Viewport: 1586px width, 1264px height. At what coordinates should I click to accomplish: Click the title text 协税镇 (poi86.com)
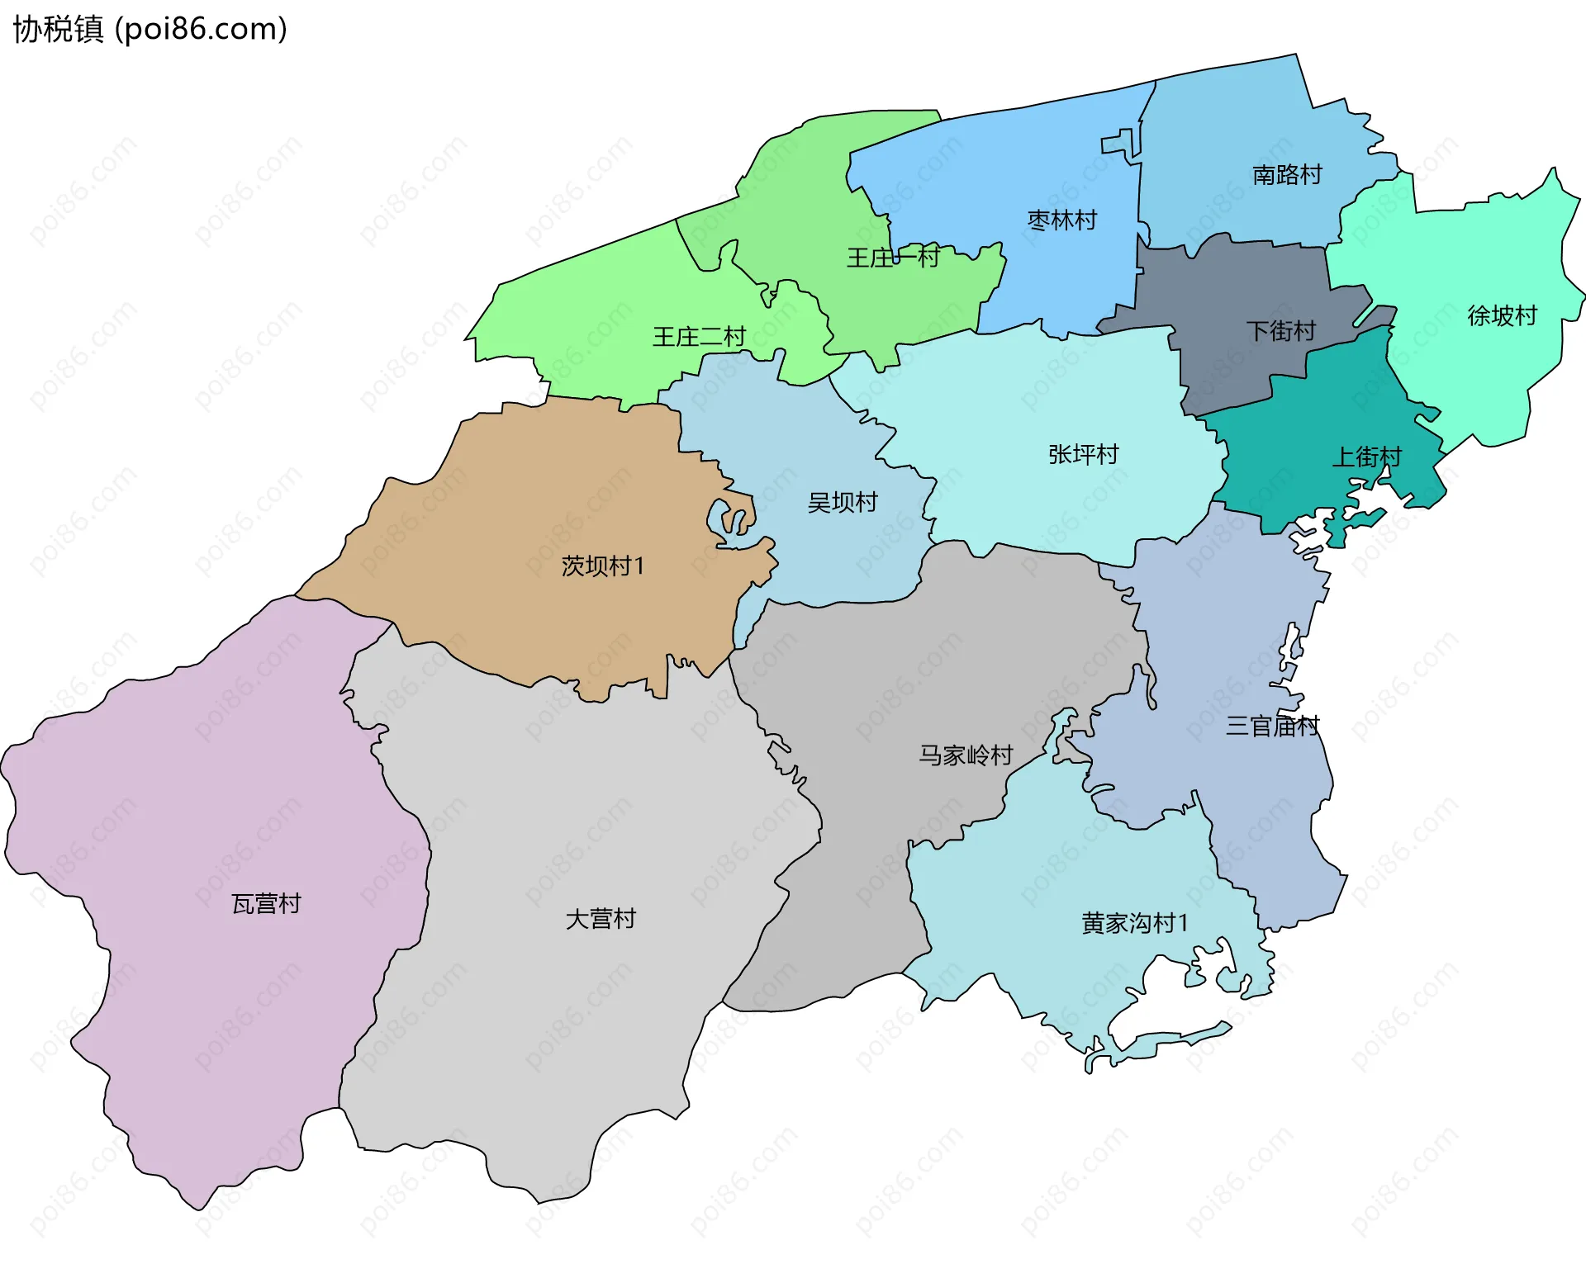click(x=150, y=29)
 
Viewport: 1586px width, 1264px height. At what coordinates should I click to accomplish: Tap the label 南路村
click(x=1287, y=175)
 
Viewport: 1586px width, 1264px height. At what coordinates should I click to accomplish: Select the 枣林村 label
click(x=1061, y=220)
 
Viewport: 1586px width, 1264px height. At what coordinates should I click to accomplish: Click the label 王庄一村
click(x=893, y=258)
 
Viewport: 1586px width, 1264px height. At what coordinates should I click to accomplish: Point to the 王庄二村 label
click(x=699, y=337)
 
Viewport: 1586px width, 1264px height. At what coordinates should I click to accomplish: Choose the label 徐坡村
click(x=1502, y=315)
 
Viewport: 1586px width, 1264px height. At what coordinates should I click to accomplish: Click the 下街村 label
click(x=1280, y=331)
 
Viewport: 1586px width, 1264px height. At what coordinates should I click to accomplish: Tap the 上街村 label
click(x=1366, y=457)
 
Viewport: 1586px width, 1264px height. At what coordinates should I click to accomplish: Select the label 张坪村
click(x=1083, y=454)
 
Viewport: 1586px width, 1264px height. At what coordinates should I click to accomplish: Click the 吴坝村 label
click(x=842, y=502)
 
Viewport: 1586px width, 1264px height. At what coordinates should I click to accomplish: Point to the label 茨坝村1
click(x=602, y=566)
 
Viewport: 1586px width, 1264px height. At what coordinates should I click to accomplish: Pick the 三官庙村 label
click(x=1272, y=726)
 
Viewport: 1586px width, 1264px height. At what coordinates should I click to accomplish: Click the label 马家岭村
click(x=966, y=755)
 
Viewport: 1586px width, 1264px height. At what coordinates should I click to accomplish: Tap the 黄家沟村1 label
click(x=1135, y=923)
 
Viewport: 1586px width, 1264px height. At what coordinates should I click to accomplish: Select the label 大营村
click(x=601, y=919)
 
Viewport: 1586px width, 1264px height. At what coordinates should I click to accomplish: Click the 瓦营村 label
click(x=266, y=904)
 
